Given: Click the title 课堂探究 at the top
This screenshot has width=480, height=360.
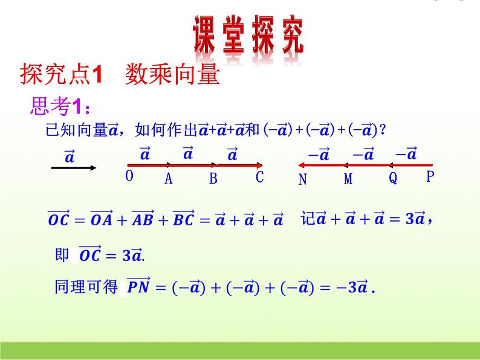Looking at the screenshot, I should [248, 34].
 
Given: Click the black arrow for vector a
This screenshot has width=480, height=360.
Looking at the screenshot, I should [71, 168].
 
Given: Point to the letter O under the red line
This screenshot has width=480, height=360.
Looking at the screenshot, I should [129, 176].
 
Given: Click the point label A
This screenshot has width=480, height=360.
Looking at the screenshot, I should [169, 178].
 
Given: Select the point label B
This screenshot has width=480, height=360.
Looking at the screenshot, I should [213, 178].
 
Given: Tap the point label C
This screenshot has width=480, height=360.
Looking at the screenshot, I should [260, 177].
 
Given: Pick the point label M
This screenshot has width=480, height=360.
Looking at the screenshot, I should [348, 179].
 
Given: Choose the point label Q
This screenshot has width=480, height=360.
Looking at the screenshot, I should [393, 179].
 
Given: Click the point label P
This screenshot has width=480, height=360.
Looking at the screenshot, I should [430, 176].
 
